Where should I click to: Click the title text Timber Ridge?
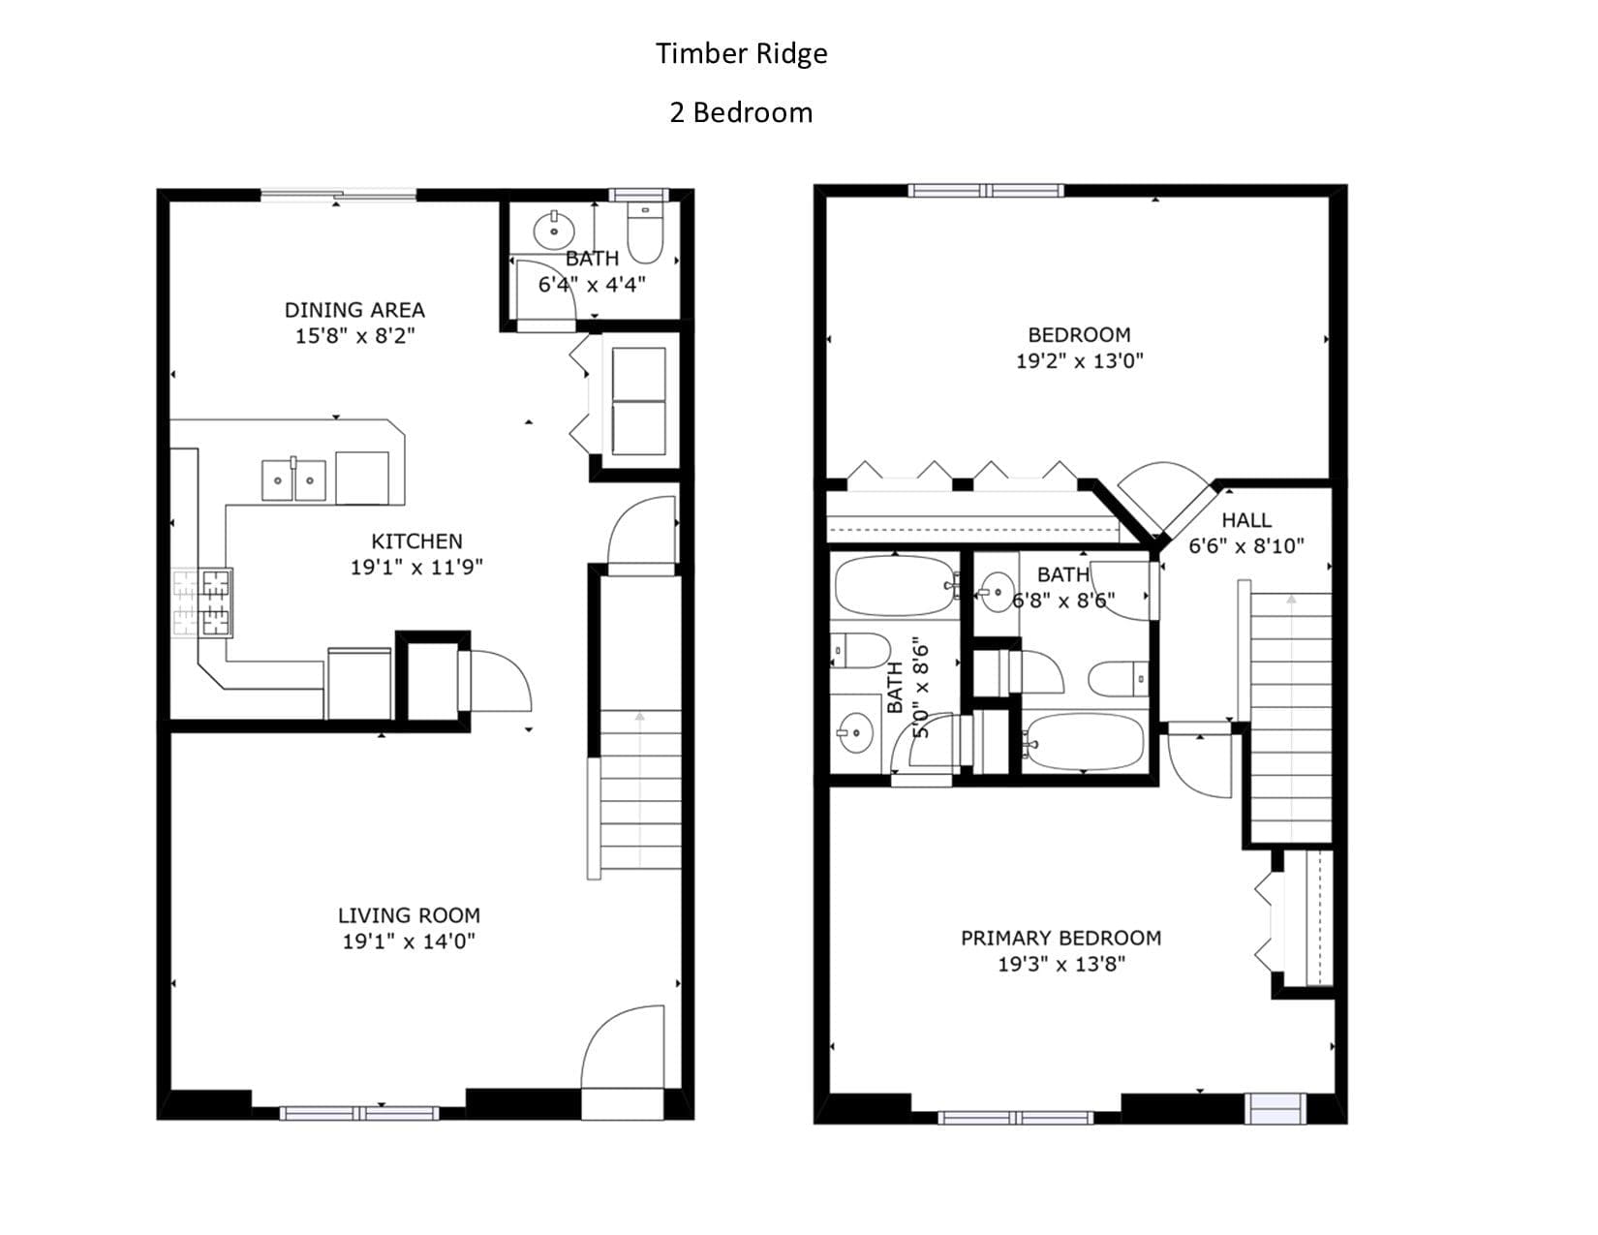point(741,53)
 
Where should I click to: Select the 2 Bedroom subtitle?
point(741,112)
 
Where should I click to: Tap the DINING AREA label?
point(354,310)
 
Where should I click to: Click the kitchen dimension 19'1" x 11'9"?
point(416,567)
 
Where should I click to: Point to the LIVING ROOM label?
point(409,915)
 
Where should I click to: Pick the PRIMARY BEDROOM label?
point(1061,938)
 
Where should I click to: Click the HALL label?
point(1246,520)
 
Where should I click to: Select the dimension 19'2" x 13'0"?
point(1080,361)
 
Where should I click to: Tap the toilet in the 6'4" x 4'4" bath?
point(645,232)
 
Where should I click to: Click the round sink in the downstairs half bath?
point(554,231)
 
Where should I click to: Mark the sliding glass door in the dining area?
point(338,195)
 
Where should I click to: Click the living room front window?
point(359,1114)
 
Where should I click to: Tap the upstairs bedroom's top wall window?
point(985,191)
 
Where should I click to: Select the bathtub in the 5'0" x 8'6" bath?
point(894,585)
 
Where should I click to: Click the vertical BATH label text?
point(895,687)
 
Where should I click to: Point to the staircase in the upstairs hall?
point(1291,717)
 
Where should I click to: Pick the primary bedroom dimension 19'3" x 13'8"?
point(1061,965)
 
